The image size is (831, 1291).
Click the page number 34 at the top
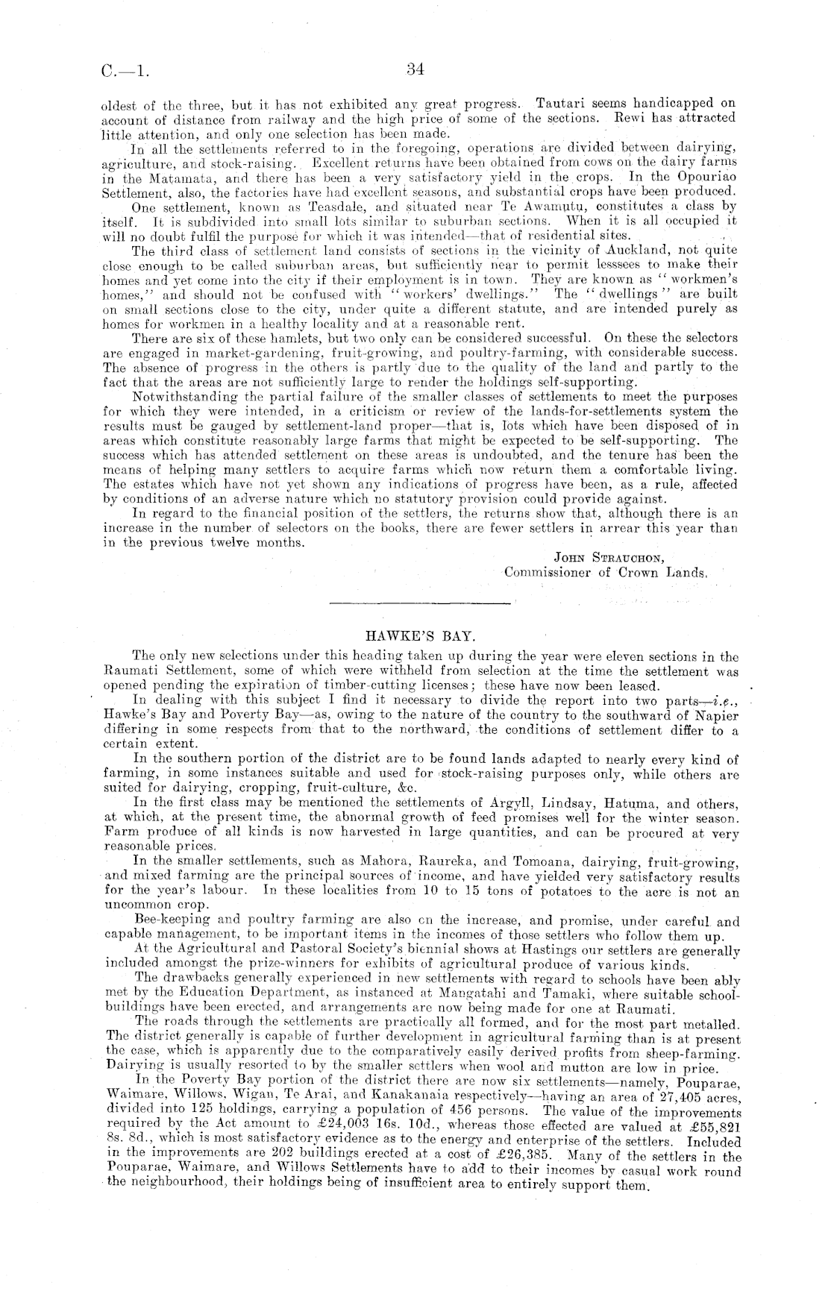click(415, 71)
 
